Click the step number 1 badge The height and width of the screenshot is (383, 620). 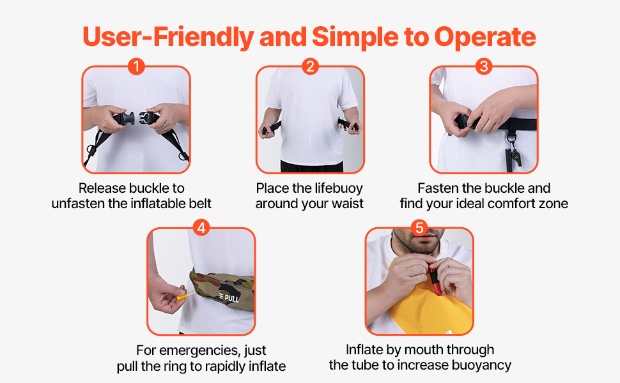point(136,66)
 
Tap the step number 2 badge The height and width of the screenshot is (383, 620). point(310,66)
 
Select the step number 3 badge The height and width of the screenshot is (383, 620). point(484,66)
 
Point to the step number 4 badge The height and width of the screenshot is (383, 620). point(201,227)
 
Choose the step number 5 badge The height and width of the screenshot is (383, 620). point(419,227)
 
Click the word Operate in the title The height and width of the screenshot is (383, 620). point(485,37)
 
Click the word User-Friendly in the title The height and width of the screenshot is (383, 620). point(168,37)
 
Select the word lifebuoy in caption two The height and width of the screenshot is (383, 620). point(338,188)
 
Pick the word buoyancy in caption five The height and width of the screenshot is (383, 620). point(480,365)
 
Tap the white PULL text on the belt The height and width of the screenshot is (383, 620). point(230,297)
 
